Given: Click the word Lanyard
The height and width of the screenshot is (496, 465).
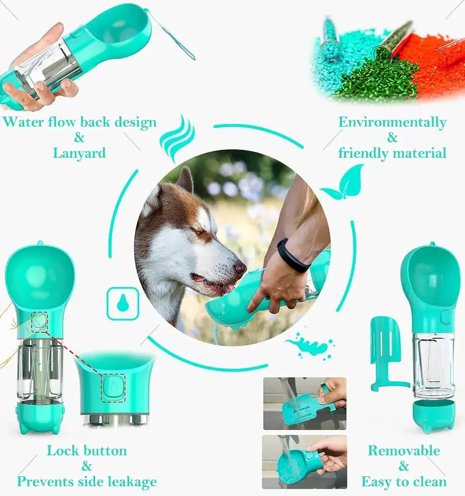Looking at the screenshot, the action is pyautogui.click(x=79, y=153).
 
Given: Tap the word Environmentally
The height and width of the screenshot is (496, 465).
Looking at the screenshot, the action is pyautogui.click(x=392, y=123).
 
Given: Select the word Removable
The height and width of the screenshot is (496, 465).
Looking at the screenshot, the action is pyautogui.click(x=404, y=450).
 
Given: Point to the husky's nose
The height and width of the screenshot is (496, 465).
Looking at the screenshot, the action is pyautogui.click(x=240, y=268).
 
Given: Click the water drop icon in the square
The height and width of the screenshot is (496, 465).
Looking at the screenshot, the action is pyautogui.click(x=122, y=304).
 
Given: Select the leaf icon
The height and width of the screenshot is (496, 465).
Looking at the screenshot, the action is pyautogui.click(x=343, y=184).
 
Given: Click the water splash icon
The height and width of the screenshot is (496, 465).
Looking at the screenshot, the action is pyautogui.click(x=310, y=346).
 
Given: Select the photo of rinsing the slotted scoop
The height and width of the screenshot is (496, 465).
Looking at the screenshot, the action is pyautogui.click(x=305, y=403).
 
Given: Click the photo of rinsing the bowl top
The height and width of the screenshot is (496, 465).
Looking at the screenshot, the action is pyautogui.click(x=304, y=461).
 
